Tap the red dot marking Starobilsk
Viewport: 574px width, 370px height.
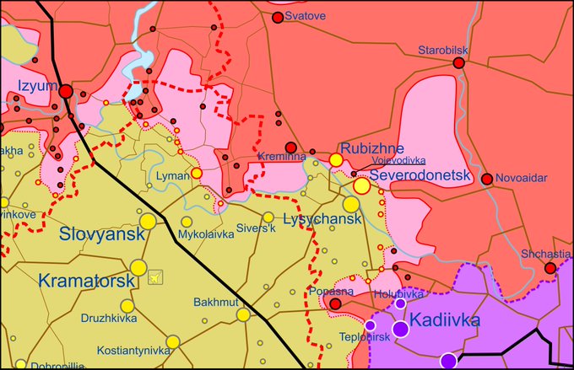click(458, 63)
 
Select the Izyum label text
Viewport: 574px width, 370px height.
click(35, 86)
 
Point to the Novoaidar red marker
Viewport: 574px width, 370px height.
click(487, 179)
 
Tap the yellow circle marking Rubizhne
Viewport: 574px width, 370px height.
click(336, 159)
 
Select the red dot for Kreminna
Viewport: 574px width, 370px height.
click(291, 147)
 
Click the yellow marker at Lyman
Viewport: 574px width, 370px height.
click(196, 173)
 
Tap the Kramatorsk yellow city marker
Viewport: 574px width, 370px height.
click(138, 268)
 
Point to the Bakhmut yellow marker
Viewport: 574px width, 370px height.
click(243, 314)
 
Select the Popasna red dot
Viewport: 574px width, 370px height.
click(335, 303)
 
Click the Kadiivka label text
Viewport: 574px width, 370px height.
click(445, 321)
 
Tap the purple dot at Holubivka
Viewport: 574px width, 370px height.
click(400, 303)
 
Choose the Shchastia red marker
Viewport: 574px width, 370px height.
click(550, 268)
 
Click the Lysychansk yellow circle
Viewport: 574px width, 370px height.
click(350, 204)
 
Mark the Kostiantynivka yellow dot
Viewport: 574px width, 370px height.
click(172, 341)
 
